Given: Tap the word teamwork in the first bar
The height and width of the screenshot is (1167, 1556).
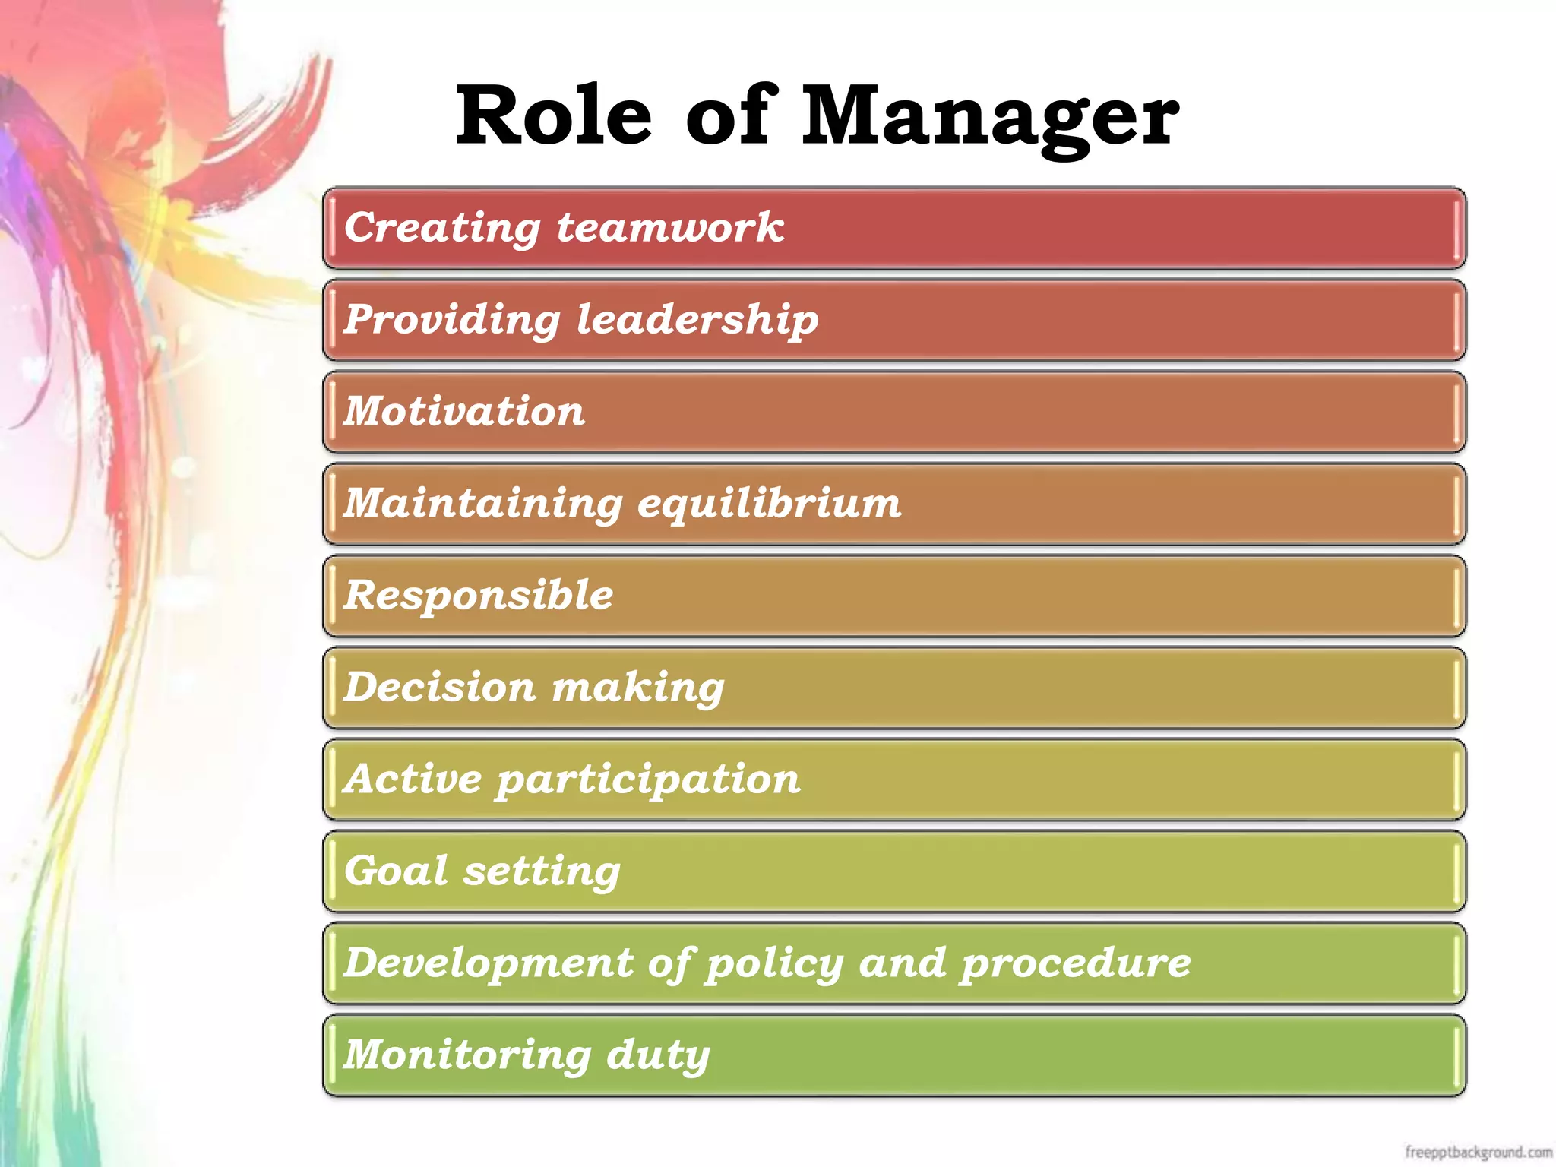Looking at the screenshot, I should tap(670, 227).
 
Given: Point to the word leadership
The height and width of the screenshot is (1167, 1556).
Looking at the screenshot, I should tap(697, 320).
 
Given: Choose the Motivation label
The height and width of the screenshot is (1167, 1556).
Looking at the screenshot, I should tap(464, 411).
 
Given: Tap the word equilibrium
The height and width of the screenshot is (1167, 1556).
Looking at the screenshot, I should tap(769, 504).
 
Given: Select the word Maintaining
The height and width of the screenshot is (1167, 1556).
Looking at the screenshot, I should tap(482, 504).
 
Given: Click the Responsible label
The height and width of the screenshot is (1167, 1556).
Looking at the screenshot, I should tap(479, 595).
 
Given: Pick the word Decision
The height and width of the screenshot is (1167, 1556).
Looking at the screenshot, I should tap(440, 687).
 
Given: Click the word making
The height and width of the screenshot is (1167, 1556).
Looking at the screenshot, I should tap(638, 688).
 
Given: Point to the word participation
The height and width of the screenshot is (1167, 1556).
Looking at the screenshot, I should tap(648, 780).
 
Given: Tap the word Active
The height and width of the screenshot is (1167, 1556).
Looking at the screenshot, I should tap(413, 779).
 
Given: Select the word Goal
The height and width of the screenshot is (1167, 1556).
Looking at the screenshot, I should tap(395, 871).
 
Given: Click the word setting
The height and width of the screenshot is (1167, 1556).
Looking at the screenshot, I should tap(542, 872).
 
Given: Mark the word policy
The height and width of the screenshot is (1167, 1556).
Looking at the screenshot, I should tap(774, 964).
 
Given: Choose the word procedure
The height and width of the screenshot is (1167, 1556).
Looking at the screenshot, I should tap(1075, 964).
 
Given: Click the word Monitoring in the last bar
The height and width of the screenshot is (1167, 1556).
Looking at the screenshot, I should tap(467, 1055).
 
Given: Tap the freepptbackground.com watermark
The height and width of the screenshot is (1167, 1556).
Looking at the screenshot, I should tap(1478, 1152).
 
